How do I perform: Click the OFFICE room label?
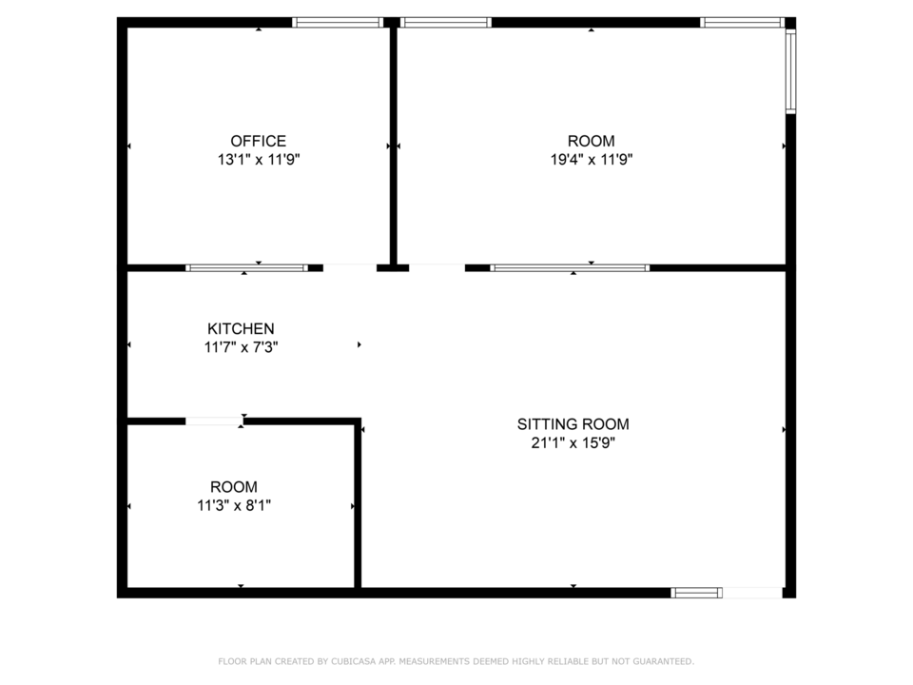258,141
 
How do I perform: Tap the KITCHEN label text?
241,328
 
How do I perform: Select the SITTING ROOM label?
573,424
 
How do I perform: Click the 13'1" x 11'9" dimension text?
259,159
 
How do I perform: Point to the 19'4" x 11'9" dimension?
592,159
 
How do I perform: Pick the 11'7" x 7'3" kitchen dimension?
241,347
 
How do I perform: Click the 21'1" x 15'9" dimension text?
573,442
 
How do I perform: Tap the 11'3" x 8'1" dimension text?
234,505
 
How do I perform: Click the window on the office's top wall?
338,23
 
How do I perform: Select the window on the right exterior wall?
790,71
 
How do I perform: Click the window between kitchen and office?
247,268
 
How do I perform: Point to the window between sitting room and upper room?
570,268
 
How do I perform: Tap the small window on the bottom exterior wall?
696,593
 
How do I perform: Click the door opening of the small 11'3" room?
214,421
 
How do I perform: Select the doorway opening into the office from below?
350,268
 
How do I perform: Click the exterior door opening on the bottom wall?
752,593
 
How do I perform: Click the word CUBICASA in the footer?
353,661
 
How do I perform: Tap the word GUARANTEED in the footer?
663,661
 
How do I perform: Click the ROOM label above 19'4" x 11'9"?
591,141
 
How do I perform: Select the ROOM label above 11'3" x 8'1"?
234,487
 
